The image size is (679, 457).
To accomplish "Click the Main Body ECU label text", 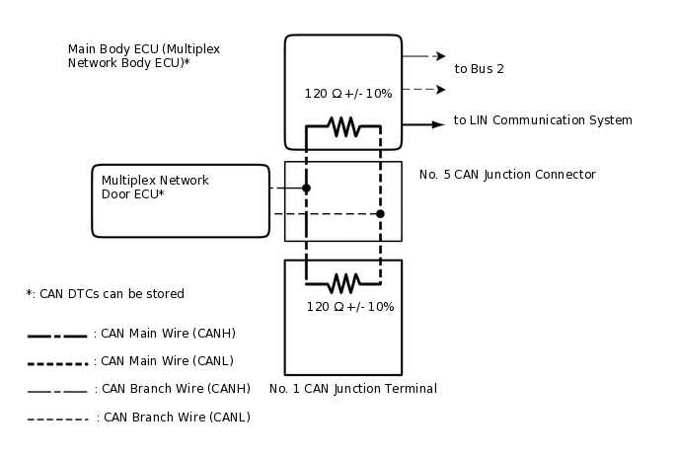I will tap(129, 55).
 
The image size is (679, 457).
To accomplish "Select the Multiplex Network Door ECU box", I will tap(180, 200).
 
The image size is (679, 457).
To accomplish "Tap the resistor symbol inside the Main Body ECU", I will tap(342, 126).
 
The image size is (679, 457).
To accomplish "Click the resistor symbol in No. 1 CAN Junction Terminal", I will tap(342, 283).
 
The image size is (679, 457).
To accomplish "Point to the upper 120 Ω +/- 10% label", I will tap(348, 94).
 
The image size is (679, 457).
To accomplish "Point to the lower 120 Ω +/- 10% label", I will tap(349, 307).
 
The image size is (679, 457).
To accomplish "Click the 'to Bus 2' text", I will tap(479, 69).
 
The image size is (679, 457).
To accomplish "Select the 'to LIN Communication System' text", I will tap(543, 120).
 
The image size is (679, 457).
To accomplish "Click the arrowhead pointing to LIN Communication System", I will tap(439, 124).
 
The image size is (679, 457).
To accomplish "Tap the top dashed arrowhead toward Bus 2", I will tap(440, 56).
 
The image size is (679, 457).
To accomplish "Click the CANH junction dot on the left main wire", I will tap(306, 188).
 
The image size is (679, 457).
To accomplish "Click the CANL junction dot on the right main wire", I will tap(380, 213).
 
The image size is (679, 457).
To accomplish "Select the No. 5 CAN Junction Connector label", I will tap(507, 175).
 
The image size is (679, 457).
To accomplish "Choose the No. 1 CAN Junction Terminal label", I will tap(353, 389).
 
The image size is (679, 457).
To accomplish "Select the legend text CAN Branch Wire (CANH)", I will tap(172, 389).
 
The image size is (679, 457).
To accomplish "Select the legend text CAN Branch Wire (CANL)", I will tap(173, 418).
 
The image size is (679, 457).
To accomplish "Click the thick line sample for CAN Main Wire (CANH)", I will tap(57, 336).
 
